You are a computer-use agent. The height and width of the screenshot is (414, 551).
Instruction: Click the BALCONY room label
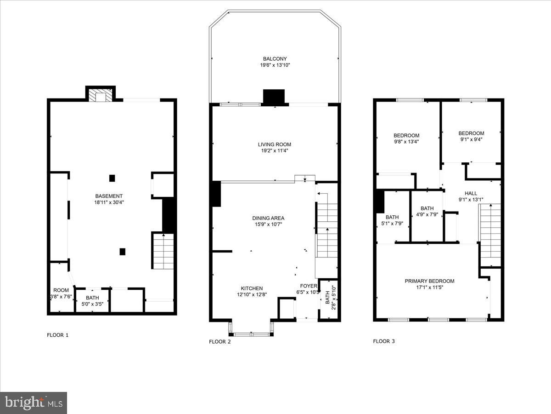coord(275,59)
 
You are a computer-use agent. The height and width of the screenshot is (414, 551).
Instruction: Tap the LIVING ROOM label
coord(274,144)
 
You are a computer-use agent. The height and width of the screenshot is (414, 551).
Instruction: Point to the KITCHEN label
coord(250,288)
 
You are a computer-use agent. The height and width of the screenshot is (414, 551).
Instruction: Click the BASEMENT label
coord(109,196)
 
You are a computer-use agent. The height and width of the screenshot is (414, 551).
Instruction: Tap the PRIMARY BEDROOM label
coord(429,281)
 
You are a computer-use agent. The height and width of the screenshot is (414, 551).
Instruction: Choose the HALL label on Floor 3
coord(471,194)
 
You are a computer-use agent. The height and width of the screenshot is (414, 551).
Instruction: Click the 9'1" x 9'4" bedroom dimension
coord(471,139)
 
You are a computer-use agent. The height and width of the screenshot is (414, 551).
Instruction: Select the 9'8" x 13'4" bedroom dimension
coord(406,142)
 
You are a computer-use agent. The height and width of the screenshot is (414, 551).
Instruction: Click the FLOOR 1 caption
coord(57,335)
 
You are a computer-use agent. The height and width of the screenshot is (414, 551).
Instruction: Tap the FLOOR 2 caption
coord(219,341)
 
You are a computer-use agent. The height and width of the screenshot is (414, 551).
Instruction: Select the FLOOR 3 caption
coord(383,341)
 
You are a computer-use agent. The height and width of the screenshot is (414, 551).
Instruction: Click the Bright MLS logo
coord(34,402)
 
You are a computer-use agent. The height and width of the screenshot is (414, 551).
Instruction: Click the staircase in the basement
coord(163,251)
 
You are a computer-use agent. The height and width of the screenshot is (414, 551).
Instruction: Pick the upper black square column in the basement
coord(112,178)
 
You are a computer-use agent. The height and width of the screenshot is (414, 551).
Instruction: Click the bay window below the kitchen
coord(251,329)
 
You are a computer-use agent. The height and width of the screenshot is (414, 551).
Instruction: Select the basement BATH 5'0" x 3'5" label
coord(92,301)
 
